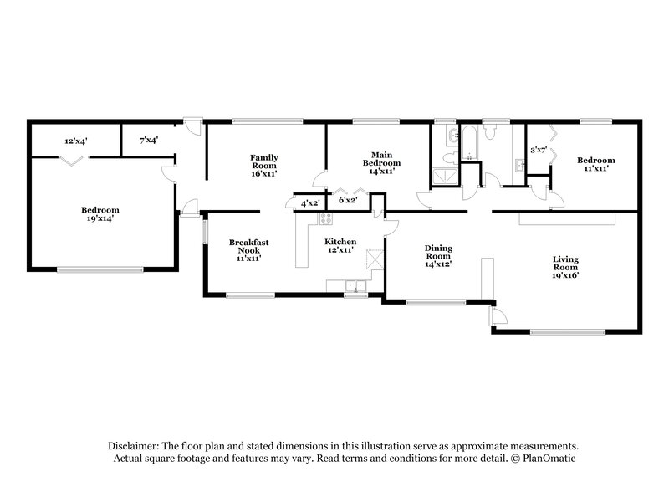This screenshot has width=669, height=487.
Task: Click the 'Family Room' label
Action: [264, 157]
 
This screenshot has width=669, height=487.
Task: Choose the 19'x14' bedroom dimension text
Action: [100, 219]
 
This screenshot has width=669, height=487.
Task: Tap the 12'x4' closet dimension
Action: [77, 141]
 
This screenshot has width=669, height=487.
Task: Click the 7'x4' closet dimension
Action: [149, 141]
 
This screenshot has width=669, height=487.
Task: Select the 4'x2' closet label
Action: [308, 202]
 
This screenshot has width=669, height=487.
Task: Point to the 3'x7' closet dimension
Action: [539, 151]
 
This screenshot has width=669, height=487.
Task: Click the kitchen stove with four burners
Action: [326, 219]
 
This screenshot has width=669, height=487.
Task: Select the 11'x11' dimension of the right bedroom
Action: [595, 169]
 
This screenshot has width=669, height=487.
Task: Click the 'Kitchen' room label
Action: [340, 242]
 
